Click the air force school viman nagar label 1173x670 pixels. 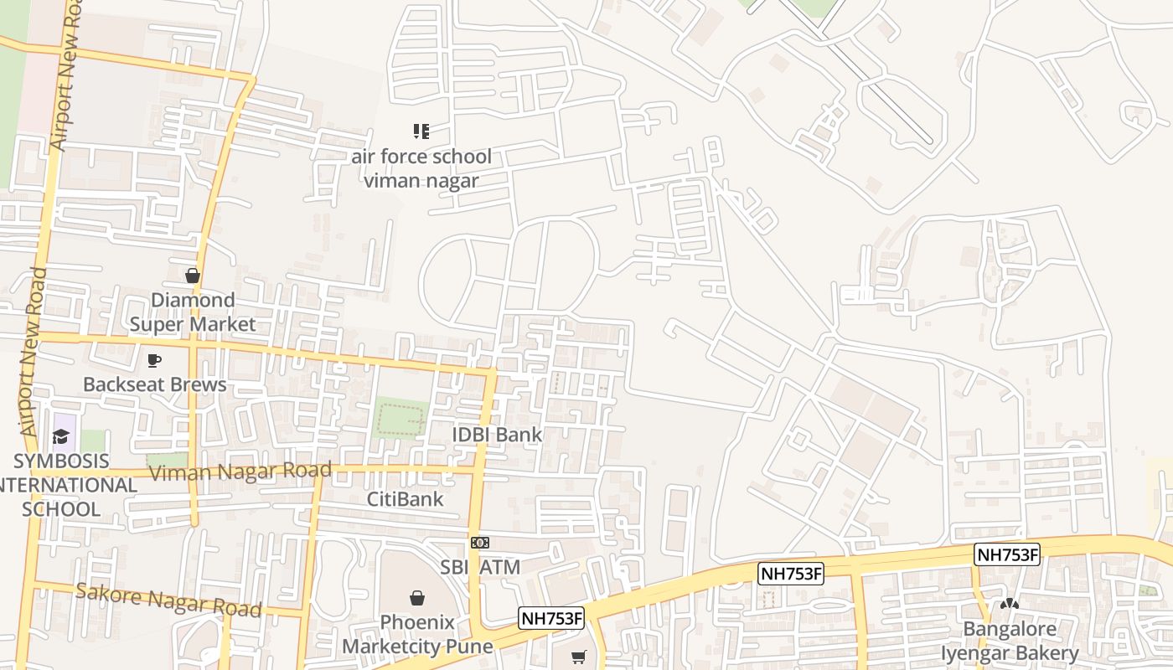[x=421, y=168]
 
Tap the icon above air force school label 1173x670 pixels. [x=421, y=131]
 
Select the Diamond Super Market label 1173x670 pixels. [x=193, y=312]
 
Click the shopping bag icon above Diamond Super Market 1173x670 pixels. [x=193, y=276]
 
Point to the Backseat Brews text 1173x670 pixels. [x=154, y=384]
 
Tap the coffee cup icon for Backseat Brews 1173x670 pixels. [x=154, y=360]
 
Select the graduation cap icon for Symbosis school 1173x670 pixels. [x=60, y=436]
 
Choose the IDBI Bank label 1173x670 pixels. [x=497, y=435]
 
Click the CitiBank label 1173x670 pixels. [x=406, y=499]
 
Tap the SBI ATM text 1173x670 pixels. [x=480, y=567]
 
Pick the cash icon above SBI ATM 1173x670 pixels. [x=479, y=543]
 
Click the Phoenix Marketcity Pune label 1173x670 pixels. [x=417, y=634]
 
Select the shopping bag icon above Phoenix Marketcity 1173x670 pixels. [x=416, y=598]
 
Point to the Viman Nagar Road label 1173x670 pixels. [x=240, y=472]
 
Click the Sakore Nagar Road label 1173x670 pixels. [x=168, y=600]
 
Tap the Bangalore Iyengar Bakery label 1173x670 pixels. [x=1009, y=641]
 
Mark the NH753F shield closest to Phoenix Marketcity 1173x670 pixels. [x=550, y=618]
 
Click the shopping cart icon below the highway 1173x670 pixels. [x=578, y=657]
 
